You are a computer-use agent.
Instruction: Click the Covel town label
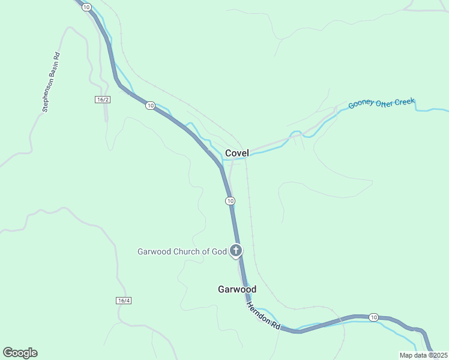point(237,153)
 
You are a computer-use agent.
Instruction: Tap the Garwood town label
point(237,289)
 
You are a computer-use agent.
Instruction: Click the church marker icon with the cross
point(237,250)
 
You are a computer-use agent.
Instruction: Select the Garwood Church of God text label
point(182,251)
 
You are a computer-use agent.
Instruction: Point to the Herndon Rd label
point(263,315)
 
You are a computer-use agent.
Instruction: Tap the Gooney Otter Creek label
point(381,103)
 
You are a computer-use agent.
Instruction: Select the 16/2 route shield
point(103,99)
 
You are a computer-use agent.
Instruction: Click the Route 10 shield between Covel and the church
point(230,200)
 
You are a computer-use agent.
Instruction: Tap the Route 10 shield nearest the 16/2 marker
point(150,106)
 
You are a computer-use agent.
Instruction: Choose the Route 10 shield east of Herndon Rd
point(373,317)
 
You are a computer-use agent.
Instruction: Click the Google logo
point(20,353)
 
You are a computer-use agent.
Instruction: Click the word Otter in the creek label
point(385,103)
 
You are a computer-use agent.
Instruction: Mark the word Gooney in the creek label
point(361,105)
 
